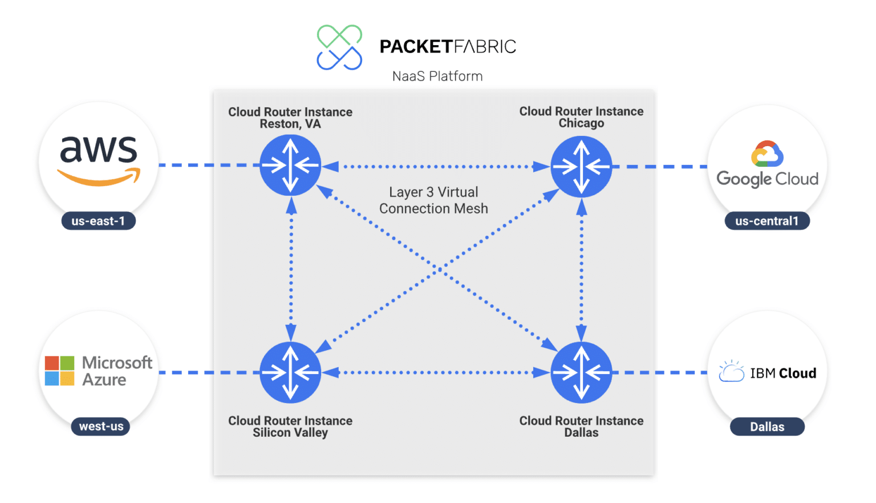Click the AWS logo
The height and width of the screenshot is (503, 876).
coord(99,160)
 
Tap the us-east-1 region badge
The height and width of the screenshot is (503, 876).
coord(98,221)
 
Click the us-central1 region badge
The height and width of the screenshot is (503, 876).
coord(766,221)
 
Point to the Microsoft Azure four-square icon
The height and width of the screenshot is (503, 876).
coord(60,371)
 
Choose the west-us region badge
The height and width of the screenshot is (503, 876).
coord(101,426)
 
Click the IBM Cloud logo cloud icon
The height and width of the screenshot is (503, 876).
coord(732,372)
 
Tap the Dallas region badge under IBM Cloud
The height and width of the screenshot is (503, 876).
coord(767,426)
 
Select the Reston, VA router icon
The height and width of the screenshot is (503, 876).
coord(290,166)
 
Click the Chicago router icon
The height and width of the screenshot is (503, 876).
coord(581,167)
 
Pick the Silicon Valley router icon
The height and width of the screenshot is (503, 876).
coord(290,372)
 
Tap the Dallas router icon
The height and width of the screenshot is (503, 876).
coord(581,372)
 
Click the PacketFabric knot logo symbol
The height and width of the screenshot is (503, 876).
coord(339,47)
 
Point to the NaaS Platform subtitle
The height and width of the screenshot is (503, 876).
coord(437,76)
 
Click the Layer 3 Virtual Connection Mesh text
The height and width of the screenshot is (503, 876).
coord(433,200)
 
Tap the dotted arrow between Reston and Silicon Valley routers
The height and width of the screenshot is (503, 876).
coord(291,268)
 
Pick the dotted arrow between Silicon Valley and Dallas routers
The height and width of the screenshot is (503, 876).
coord(436,372)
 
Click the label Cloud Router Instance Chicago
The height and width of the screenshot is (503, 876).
coord(581,117)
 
